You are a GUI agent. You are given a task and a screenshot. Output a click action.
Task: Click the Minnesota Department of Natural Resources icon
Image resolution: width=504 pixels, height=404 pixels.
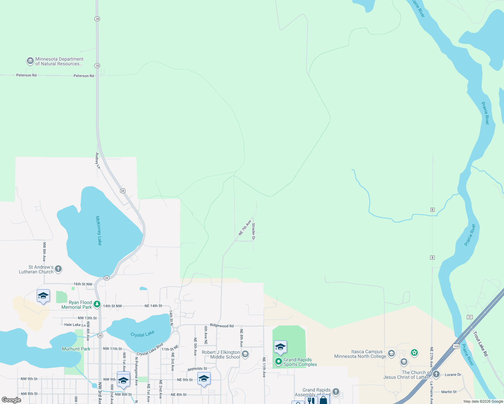click(30, 61)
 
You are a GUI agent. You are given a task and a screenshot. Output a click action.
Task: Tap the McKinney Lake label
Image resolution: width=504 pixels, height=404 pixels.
click(99, 231)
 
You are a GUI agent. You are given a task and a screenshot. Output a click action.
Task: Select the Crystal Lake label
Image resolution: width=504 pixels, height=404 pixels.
click(143, 334)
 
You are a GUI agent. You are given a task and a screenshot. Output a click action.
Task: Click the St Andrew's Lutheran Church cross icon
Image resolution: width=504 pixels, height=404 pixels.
click(58, 269)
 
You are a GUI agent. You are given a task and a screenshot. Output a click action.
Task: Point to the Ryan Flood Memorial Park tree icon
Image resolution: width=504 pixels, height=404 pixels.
click(97, 304)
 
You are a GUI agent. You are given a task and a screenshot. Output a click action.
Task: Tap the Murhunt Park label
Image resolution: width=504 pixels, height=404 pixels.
click(76, 349)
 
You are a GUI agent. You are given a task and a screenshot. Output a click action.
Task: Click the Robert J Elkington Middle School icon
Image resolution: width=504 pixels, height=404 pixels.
click(245, 354)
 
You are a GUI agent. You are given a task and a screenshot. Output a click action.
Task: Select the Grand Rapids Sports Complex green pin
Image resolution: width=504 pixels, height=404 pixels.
click(278, 362)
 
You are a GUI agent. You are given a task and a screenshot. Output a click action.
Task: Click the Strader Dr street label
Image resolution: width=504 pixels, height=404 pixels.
click(254, 231)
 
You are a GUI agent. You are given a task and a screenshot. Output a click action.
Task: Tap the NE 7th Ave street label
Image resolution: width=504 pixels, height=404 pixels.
click(245, 228)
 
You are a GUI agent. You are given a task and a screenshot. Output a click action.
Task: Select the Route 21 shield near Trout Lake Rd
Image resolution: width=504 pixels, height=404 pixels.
click(470, 317)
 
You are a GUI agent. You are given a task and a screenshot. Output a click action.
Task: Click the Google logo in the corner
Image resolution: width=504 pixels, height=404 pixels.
click(11, 400)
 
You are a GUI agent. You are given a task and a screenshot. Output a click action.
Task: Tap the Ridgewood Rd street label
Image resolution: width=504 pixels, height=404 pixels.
click(222, 326)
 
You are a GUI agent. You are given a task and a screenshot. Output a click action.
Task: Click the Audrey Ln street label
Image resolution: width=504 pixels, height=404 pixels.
click(98, 161)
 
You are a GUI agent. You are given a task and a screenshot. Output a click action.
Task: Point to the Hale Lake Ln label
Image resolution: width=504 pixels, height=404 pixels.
click(75, 325)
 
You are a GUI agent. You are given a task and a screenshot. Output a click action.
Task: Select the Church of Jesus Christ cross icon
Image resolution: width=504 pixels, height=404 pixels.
click(436, 374)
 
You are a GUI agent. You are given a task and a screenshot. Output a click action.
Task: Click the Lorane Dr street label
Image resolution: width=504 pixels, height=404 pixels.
click(453, 375)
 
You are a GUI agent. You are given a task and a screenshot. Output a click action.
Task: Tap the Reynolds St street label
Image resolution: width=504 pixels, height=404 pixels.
click(197, 369)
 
